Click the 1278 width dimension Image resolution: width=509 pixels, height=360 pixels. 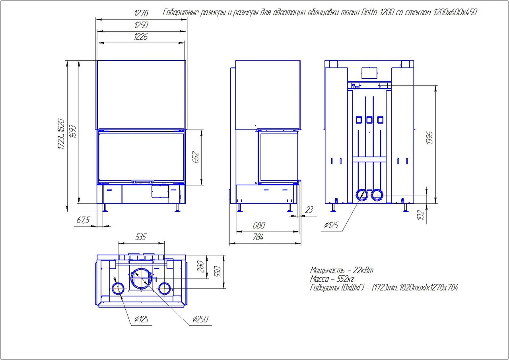(x=141, y=13)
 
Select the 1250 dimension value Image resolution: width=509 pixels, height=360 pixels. (x=141, y=25)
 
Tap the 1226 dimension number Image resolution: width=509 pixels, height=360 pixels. (x=141, y=37)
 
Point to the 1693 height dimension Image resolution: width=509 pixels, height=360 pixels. (x=72, y=131)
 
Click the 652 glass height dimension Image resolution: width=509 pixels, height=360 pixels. (x=195, y=157)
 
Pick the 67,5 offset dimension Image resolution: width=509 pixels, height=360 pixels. (x=83, y=220)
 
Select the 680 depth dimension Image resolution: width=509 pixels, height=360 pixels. (x=258, y=225)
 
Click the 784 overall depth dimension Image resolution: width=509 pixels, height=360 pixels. (x=258, y=237)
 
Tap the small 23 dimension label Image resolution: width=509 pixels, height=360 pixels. (x=309, y=209)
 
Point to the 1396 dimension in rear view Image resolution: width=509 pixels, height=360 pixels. (x=429, y=137)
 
